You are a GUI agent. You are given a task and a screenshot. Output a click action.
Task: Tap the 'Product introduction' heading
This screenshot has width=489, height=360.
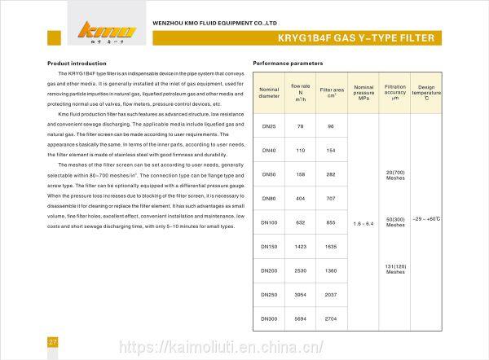[77, 62]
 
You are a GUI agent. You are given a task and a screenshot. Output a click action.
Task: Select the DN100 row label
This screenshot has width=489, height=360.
[268, 222]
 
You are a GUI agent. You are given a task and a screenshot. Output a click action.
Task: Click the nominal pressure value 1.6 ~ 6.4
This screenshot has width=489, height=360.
[363, 222]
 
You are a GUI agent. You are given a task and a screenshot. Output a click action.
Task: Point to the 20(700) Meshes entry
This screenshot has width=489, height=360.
[395, 176]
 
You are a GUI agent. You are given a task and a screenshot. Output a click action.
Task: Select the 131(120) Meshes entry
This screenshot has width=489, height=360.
[395, 269]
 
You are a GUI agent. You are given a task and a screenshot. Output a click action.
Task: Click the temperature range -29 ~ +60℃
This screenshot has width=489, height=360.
[427, 220]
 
